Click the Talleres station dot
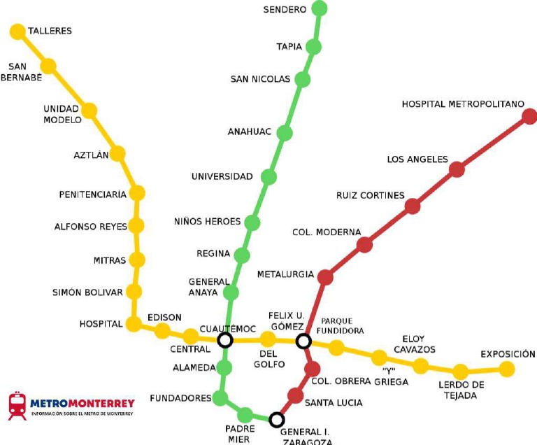(17, 31)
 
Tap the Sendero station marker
(320, 8)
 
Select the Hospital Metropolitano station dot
(529, 116)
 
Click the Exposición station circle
(507, 369)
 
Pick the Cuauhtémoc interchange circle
(225, 340)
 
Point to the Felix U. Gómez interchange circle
(303, 341)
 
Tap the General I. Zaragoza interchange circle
(277, 420)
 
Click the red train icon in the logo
(17, 406)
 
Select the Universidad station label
(222, 176)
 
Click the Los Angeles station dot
(457, 169)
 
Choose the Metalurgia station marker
(325, 277)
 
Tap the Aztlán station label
(92, 155)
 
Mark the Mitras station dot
(137, 260)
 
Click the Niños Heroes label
(207, 222)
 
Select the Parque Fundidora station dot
(336, 348)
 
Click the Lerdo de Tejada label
(461, 390)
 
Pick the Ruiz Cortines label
(371, 195)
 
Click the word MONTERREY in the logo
(101, 404)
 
